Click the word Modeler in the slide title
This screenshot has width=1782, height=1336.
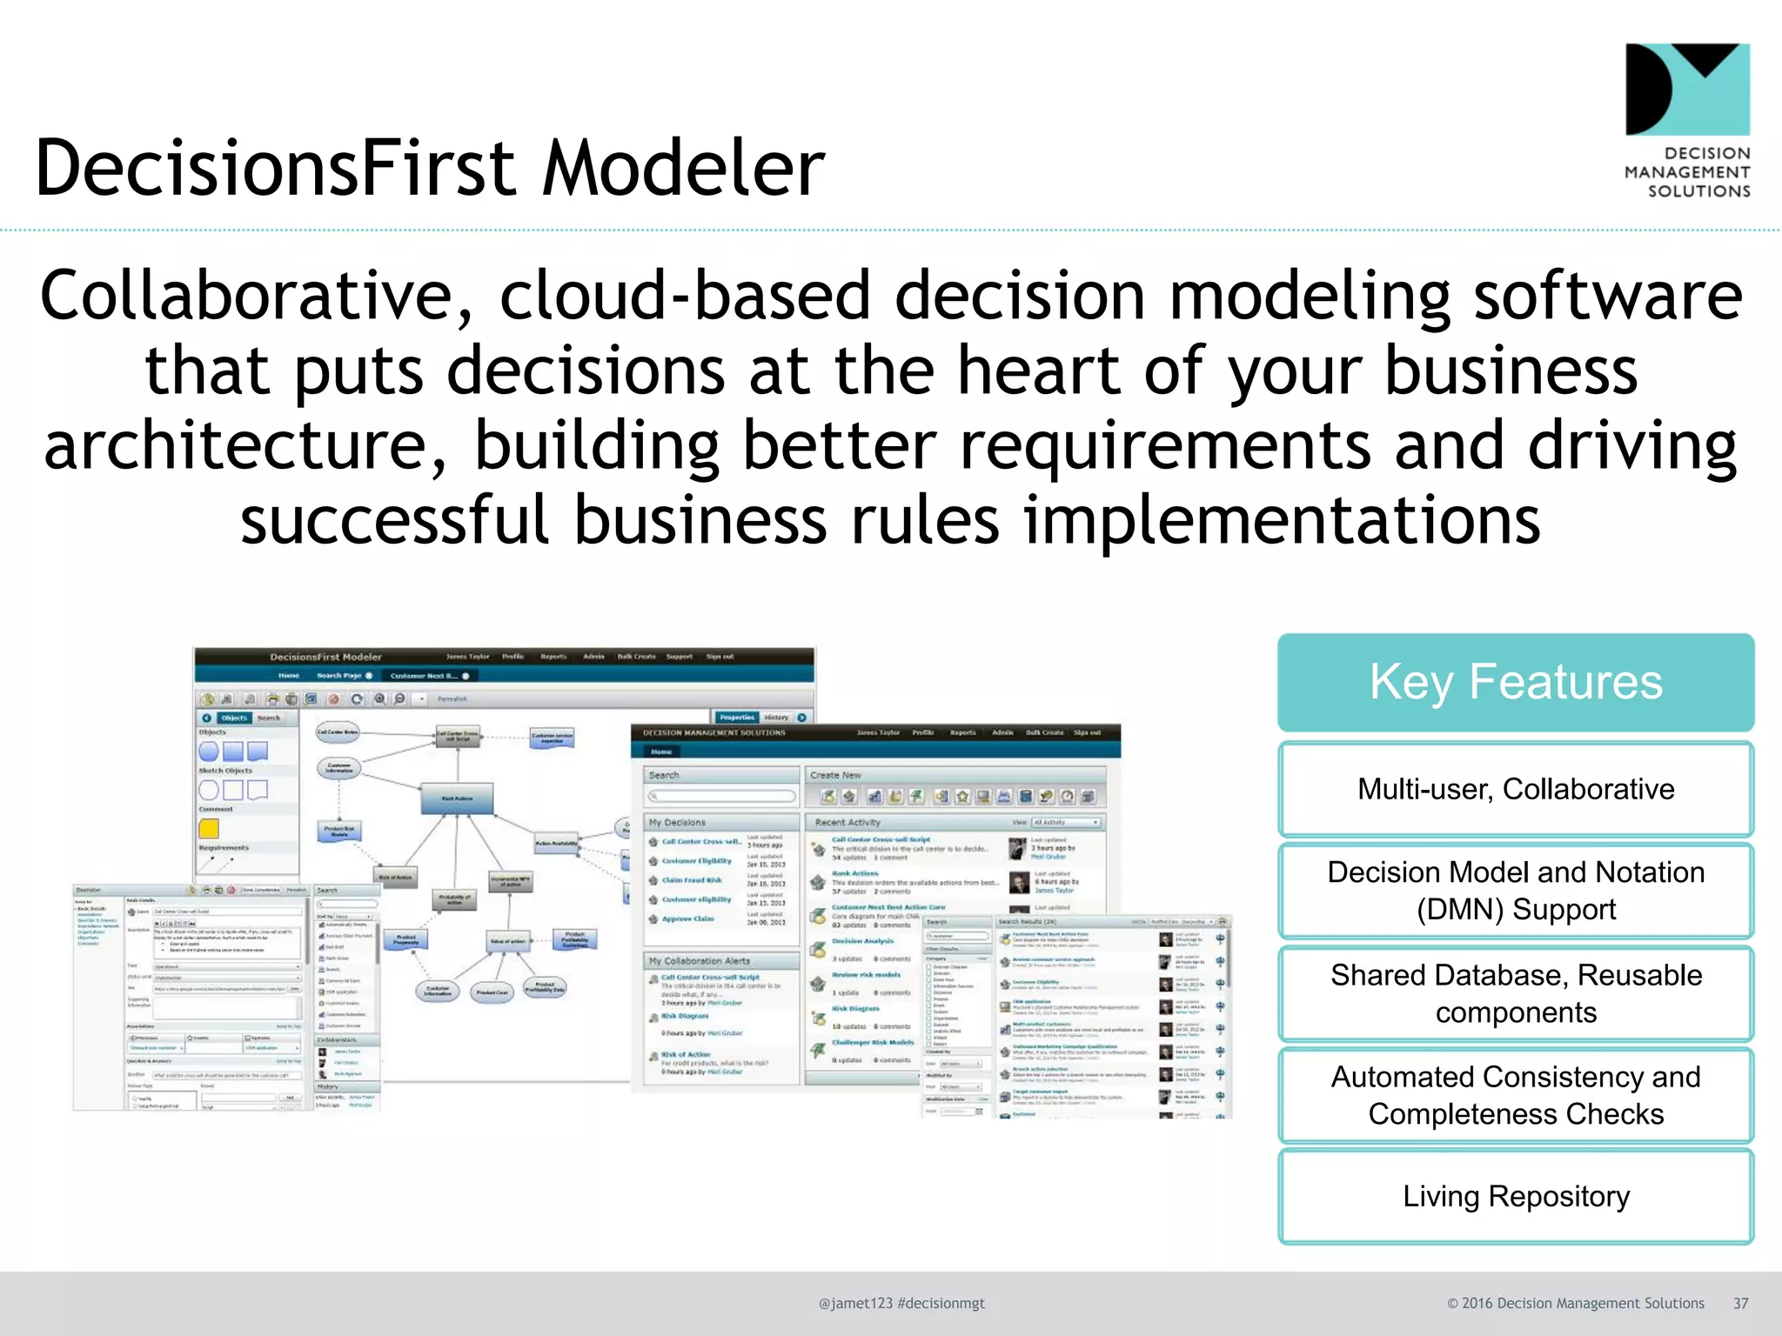pos(683,169)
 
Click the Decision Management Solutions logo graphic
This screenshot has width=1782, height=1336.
pos(1687,90)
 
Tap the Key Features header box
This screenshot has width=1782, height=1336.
pos(1515,681)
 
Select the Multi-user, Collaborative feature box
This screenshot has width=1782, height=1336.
pos(1515,789)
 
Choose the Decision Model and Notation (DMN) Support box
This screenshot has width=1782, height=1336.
pos(1515,891)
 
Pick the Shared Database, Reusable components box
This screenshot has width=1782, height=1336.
pos(1515,993)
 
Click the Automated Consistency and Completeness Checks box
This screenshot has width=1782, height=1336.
pos(1515,1095)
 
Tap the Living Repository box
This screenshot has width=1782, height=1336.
pos(1515,1197)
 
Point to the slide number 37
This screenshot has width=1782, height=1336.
pos(1740,1303)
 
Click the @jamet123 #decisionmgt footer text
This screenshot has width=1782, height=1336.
pos(901,1303)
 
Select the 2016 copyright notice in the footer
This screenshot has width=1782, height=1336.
pos(1575,1303)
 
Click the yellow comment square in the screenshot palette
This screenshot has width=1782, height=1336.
pos(209,828)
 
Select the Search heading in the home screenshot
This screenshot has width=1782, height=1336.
pos(664,775)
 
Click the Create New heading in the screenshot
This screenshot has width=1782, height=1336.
pos(834,775)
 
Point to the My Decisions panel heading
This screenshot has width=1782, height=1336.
pos(677,822)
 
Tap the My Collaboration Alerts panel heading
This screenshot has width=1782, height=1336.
pos(699,961)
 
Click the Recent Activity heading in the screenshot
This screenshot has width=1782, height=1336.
pos(847,822)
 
